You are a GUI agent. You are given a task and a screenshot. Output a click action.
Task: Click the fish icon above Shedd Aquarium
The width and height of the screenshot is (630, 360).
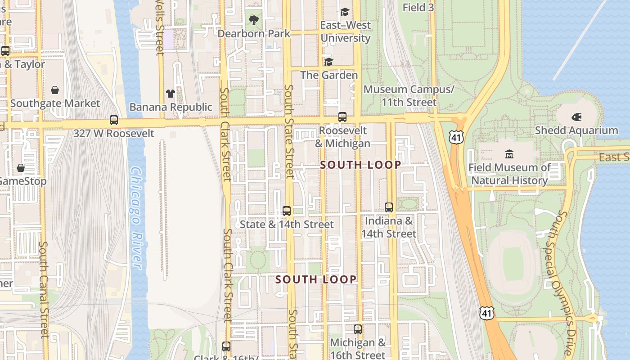click(576, 117)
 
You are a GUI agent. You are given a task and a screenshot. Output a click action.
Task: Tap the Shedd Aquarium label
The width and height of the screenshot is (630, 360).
click(576, 130)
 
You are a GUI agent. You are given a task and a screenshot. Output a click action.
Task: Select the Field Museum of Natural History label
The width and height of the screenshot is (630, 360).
click(509, 174)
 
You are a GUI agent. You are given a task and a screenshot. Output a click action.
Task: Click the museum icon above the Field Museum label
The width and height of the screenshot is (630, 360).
click(509, 154)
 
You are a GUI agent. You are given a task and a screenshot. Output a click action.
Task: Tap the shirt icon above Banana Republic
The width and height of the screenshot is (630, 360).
click(170, 94)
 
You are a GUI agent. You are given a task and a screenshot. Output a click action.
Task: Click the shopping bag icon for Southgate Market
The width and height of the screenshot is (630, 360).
click(55, 90)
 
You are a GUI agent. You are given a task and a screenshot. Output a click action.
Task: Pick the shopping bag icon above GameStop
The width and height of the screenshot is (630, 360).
click(21, 168)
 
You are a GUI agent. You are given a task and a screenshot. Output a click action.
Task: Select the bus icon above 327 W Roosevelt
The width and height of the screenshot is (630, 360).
click(114, 120)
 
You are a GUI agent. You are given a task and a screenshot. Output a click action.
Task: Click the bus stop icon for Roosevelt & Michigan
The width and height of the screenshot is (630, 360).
click(342, 117)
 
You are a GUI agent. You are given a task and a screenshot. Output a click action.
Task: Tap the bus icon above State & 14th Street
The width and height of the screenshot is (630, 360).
click(286, 211)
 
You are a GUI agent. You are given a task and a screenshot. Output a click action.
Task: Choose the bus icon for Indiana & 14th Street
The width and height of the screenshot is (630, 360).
click(389, 207)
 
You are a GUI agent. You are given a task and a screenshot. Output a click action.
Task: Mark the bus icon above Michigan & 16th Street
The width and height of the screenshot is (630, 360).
click(358, 329)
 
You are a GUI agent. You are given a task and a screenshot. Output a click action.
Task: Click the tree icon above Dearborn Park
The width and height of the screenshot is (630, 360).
click(254, 20)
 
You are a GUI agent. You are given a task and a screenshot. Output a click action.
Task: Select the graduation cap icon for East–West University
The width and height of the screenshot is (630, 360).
click(345, 12)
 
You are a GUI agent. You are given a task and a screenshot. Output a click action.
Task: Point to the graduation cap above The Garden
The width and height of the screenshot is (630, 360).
click(329, 62)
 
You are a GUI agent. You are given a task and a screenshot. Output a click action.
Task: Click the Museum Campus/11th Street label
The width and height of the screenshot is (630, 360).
click(409, 96)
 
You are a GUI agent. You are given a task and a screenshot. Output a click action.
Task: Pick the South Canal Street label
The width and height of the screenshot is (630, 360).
click(44, 290)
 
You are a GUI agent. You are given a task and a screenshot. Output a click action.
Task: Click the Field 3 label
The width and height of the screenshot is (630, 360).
click(418, 7)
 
